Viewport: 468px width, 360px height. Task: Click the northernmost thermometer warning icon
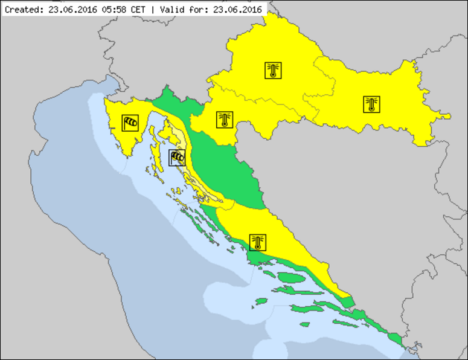coord(273,71)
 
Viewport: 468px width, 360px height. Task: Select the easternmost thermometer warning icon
coord(371,104)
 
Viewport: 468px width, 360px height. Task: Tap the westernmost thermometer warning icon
coord(225,120)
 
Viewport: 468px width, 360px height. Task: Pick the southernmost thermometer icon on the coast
coord(258,243)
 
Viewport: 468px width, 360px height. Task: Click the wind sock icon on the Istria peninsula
coord(130,123)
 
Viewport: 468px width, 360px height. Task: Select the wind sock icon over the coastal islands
coord(177,158)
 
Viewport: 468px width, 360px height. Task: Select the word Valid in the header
coord(170,10)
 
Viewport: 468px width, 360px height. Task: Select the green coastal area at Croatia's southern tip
coord(396,338)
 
